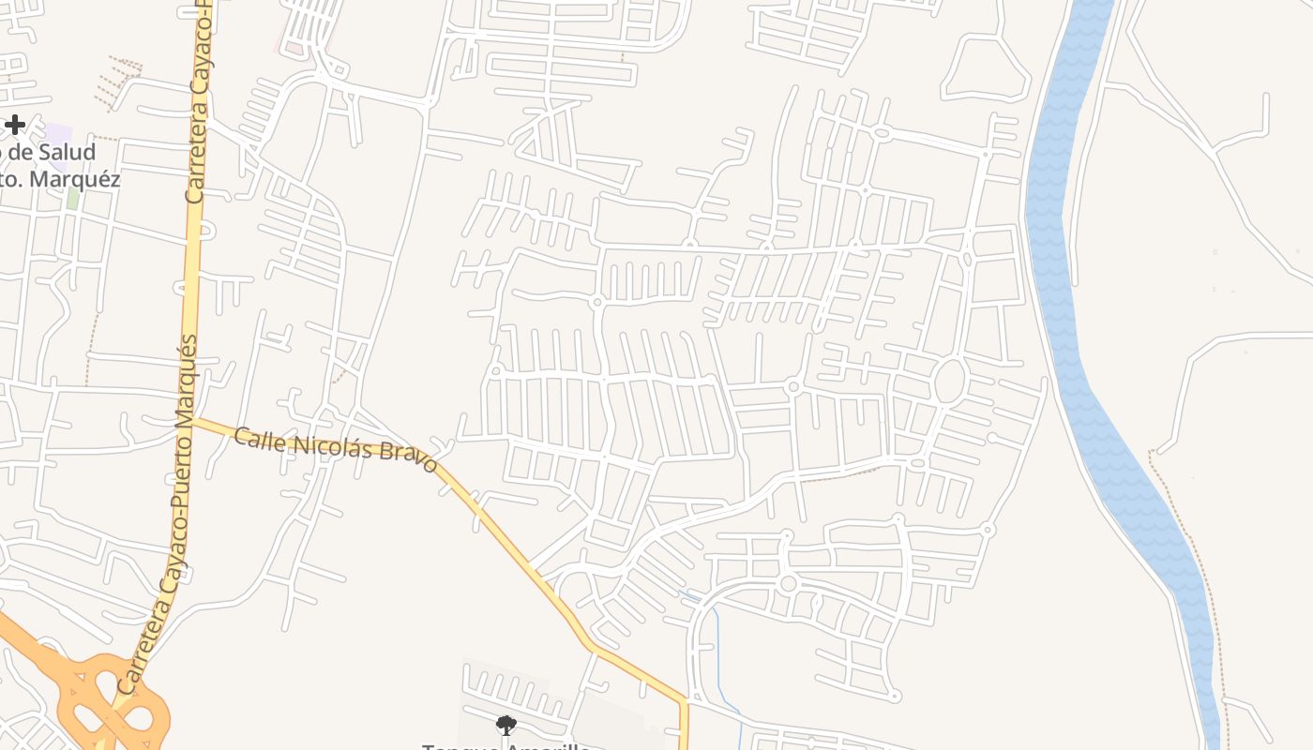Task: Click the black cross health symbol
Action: click(14, 124)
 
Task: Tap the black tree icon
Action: click(506, 724)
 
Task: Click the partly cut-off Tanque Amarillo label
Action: click(506, 746)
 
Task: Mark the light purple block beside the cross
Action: click(58, 134)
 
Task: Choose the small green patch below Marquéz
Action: click(72, 198)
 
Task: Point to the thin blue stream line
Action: click(717, 637)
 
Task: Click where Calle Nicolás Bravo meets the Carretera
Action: click(193, 422)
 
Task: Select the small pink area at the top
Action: click(295, 43)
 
